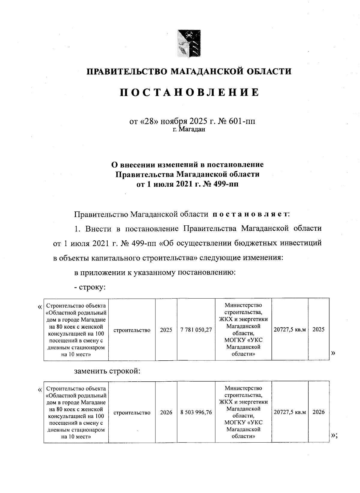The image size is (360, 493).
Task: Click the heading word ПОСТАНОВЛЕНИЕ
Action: (x=189, y=92)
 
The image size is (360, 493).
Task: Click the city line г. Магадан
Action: (x=189, y=129)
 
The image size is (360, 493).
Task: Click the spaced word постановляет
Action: (x=250, y=214)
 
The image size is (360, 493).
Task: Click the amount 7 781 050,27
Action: (x=196, y=330)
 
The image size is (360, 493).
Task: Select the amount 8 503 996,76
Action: (x=196, y=413)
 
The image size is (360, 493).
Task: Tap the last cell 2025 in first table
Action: (x=318, y=329)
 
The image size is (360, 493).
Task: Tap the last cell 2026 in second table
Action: (x=318, y=412)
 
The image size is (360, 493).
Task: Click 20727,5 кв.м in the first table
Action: (x=290, y=330)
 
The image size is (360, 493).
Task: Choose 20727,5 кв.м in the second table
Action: (x=290, y=413)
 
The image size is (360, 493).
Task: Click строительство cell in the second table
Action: (x=132, y=413)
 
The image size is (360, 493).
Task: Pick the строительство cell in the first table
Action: (x=132, y=330)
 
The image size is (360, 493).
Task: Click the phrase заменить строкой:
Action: (x=107, y=371)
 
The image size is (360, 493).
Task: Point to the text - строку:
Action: (x=90, y=287)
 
